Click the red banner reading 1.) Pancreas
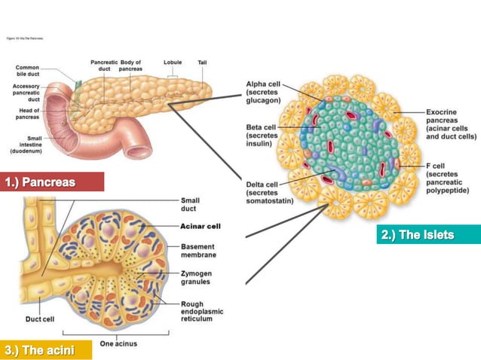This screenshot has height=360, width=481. click(51, 182)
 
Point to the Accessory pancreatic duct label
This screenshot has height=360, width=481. click(26, 93)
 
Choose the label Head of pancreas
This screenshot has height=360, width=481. click(28, 114)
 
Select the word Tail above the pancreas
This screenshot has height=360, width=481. click(202, 62)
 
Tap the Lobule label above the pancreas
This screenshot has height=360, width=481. click(172, 62)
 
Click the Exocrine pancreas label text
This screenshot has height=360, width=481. click(446, 124)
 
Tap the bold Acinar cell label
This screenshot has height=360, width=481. click(200, 226)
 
